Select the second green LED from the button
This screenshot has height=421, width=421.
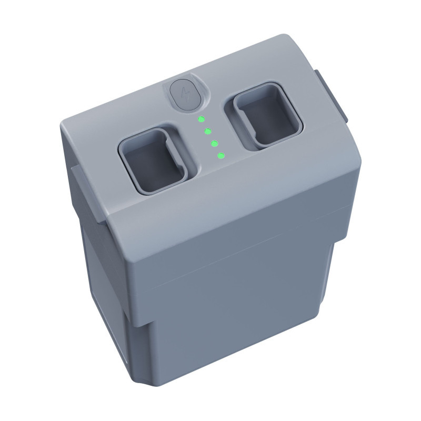tap(207, 131)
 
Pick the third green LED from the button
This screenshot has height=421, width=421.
tap(214, 143)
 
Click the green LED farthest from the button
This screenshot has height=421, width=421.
tap(221, 156)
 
